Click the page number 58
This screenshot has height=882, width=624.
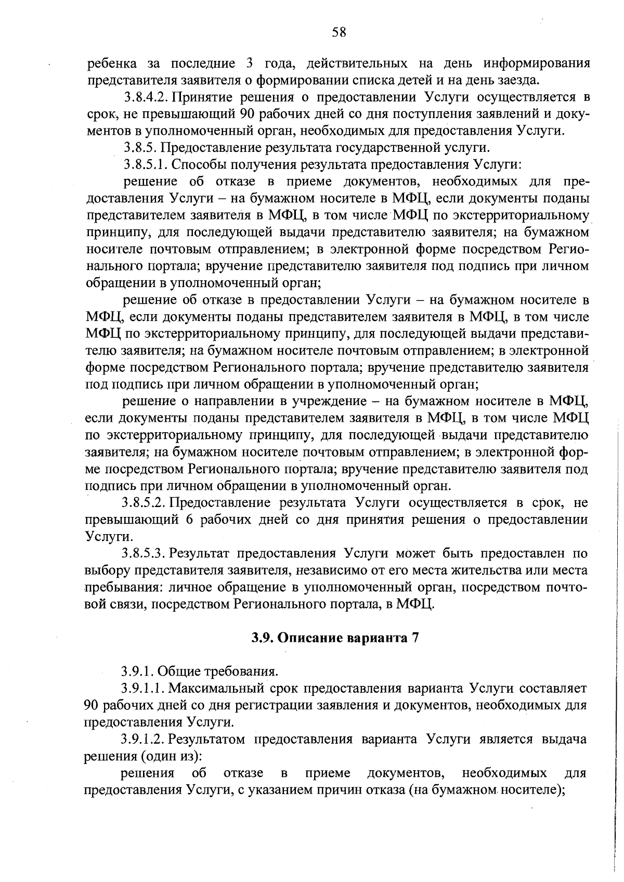point(339,32)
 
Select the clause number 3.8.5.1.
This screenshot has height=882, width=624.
point(145,165)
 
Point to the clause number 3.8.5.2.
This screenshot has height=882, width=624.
point(145,503)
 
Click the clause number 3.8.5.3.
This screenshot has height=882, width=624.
point(145,553)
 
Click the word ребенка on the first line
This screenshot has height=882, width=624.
point(112,64)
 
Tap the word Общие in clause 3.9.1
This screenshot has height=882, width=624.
point(174,672)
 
